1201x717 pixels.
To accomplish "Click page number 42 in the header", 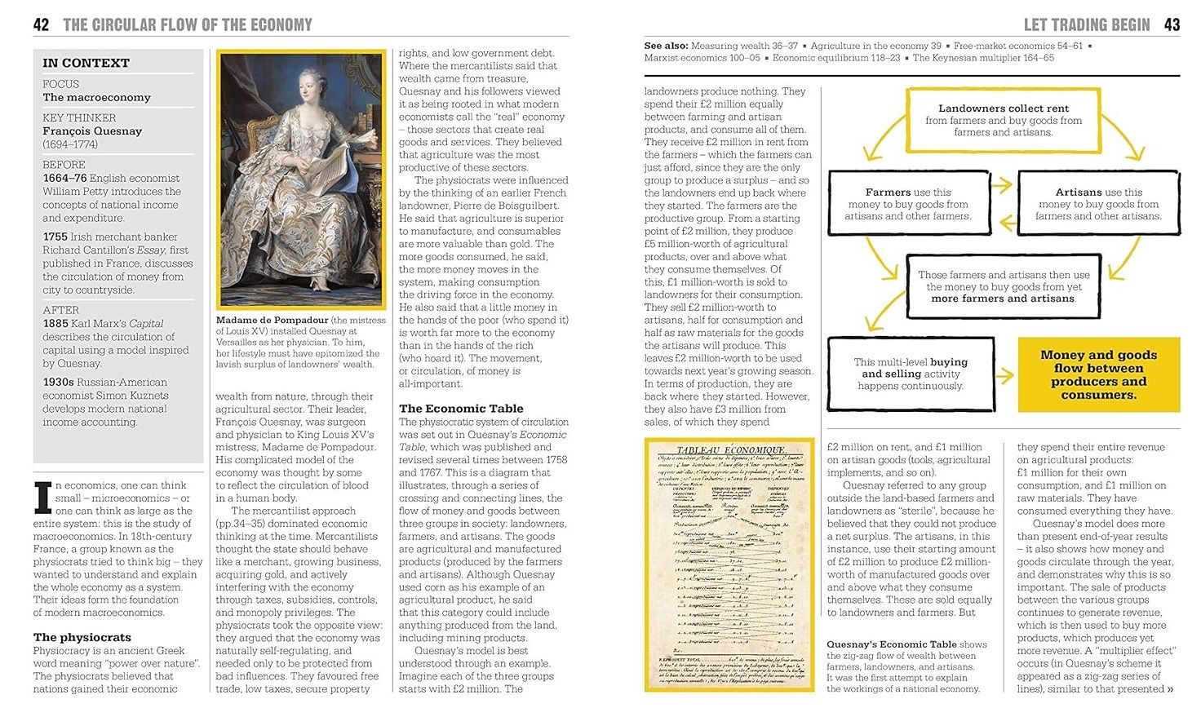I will (41, 24).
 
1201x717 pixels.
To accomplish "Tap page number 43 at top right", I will (1172, 24).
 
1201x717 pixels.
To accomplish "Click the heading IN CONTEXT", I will (86, 63).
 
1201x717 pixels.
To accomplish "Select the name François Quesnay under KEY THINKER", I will (92, 131).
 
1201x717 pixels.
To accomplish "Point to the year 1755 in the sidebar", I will (55, 237).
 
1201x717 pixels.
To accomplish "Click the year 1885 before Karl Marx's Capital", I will (55, 323).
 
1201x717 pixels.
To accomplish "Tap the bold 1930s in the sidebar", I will (59, 382).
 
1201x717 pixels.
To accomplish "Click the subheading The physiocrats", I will (82, 637).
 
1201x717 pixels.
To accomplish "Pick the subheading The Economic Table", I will (461, 408).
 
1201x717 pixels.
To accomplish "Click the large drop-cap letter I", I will (42, 498).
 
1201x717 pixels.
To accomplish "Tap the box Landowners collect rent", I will (1003, 120).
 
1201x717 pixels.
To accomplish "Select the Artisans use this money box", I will (1098, 204).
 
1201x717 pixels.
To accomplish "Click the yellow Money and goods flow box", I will (1098, 374).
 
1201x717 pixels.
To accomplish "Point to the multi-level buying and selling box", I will (911, 374).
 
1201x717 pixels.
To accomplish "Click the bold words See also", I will (666, 46).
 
